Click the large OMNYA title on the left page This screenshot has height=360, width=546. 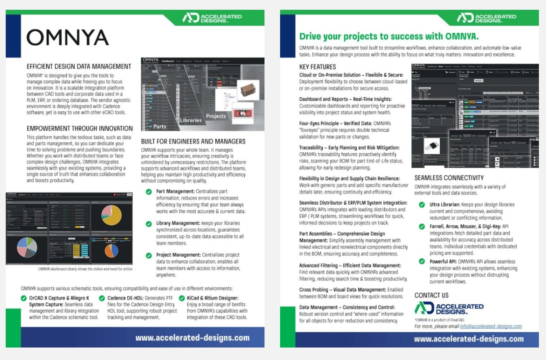(x=67, y=37)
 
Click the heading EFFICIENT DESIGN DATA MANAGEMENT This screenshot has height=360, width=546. (x=79, y=67)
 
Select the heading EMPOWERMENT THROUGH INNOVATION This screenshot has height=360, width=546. (x=80, y=128)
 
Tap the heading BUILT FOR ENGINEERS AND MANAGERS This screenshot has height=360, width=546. (x=193, y=142)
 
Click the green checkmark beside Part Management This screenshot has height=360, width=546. (x=148, y=192)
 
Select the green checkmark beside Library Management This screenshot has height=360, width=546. (x=148, y=224)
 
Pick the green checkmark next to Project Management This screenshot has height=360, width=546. (x=148, y=255)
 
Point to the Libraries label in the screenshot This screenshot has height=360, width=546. (x=191, y=120)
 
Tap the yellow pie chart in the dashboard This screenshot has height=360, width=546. (x=111, y=215)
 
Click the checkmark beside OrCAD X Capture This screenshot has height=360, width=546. (x=24, y=298)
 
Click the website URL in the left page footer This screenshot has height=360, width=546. (x=192, y=338)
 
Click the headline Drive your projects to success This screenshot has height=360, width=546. (x=389, y=36)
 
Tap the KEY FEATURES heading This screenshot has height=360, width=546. (x=317, y=67)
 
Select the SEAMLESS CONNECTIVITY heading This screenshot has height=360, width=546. (x=449, y=178)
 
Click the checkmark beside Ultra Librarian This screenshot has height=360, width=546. (x=422, y=205)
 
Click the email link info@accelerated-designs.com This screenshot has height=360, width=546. (x=491, y=326)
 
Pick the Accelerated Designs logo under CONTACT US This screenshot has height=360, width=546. (x=449, y=308)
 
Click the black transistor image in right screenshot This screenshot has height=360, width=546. (x=432, y=146)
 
